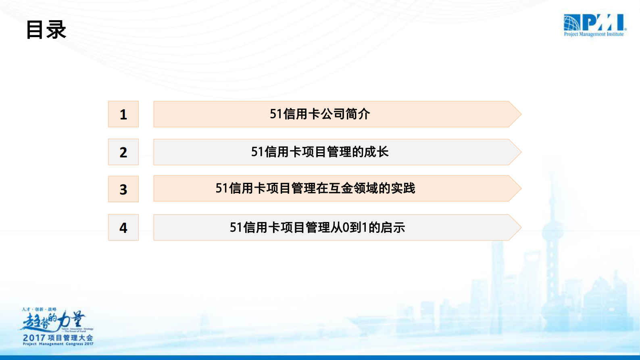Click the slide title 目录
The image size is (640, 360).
point(46,30)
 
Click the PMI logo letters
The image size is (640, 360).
point(603,23)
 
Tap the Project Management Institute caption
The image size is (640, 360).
point(594,34)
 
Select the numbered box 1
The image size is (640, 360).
point(123,114)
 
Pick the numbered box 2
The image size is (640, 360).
point(123,152)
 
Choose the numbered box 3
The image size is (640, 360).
point(123,189)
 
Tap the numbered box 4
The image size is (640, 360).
point(123,228)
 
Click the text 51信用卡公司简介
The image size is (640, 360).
point(320,114)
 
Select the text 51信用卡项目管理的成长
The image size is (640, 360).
point(320,152)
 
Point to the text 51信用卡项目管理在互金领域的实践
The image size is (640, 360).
point(315,188)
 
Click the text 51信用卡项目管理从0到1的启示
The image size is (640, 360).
point(317,228)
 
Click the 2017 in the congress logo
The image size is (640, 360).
point(34,338)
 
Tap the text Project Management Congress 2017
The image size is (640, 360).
point(58,344)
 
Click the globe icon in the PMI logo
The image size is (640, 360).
point(571,23)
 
